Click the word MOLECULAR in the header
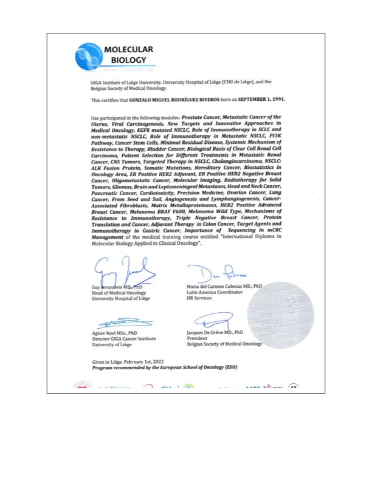128,50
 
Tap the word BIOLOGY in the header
128,60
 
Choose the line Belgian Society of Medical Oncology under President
224,344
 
